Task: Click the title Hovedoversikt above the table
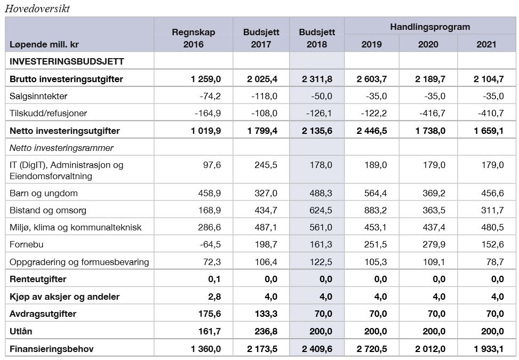37,9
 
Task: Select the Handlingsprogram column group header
430,27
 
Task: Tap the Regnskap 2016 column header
193,38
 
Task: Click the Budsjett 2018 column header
317,38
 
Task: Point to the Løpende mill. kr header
44,44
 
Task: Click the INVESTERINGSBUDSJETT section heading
67,61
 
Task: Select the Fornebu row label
27,244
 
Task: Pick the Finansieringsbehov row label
52,349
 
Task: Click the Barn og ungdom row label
44,193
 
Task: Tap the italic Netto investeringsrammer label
61,148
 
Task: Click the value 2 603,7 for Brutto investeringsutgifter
372,79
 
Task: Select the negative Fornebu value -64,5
210,244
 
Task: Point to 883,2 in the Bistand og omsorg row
376,211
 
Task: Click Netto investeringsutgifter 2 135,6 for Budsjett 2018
317,131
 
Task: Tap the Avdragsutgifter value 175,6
210,314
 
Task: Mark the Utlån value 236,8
266,332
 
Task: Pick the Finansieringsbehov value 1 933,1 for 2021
489,349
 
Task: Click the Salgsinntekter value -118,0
264,97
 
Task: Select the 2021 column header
486,44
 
